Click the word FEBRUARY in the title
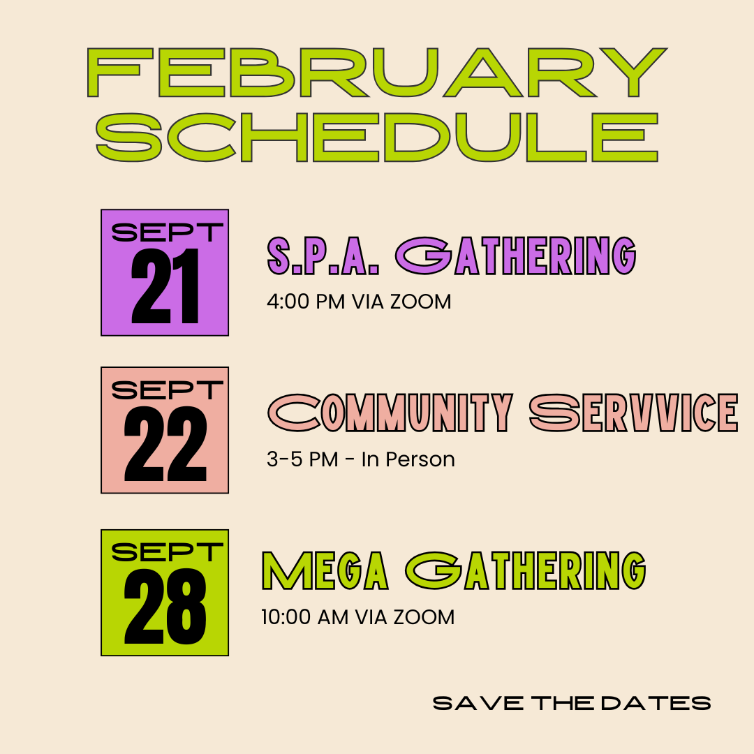(377, 73)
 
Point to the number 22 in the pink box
(165, 445)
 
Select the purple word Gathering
(517, 256)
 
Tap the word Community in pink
(391, 413)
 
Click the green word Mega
(325, 571)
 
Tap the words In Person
(408, 459)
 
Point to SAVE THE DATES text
(572, 702)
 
